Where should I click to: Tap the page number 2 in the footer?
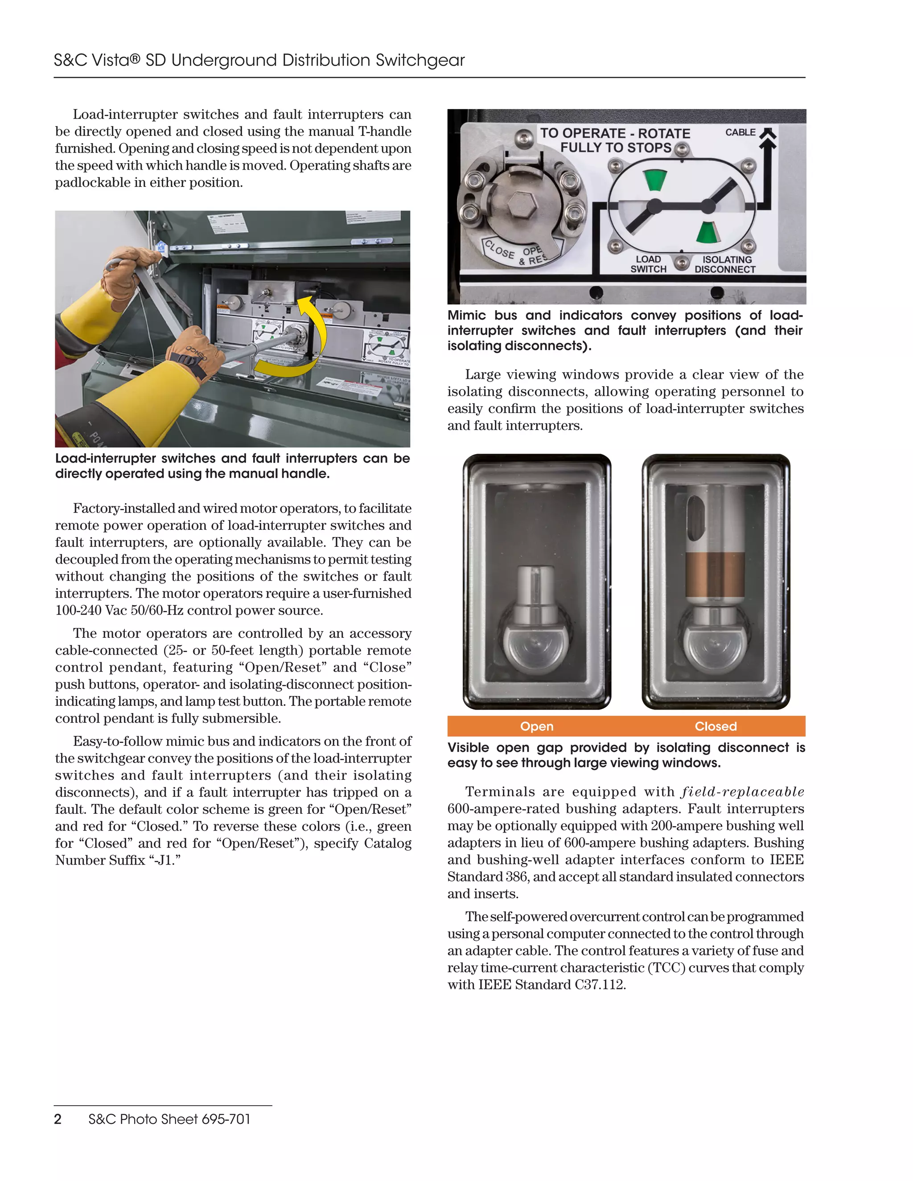(x=58, y=1119)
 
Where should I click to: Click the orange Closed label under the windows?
(x=716, y=726)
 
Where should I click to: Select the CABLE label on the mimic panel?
(x=740, y=132)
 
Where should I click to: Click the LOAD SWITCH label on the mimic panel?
(x=648, y=264)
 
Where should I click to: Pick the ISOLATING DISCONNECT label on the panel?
(x=725, y=264)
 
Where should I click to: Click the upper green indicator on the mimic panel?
(x=655, y=180)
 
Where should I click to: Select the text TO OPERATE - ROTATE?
(x=615, y=134)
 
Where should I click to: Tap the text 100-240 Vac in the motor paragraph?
(x=91, y=611)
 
